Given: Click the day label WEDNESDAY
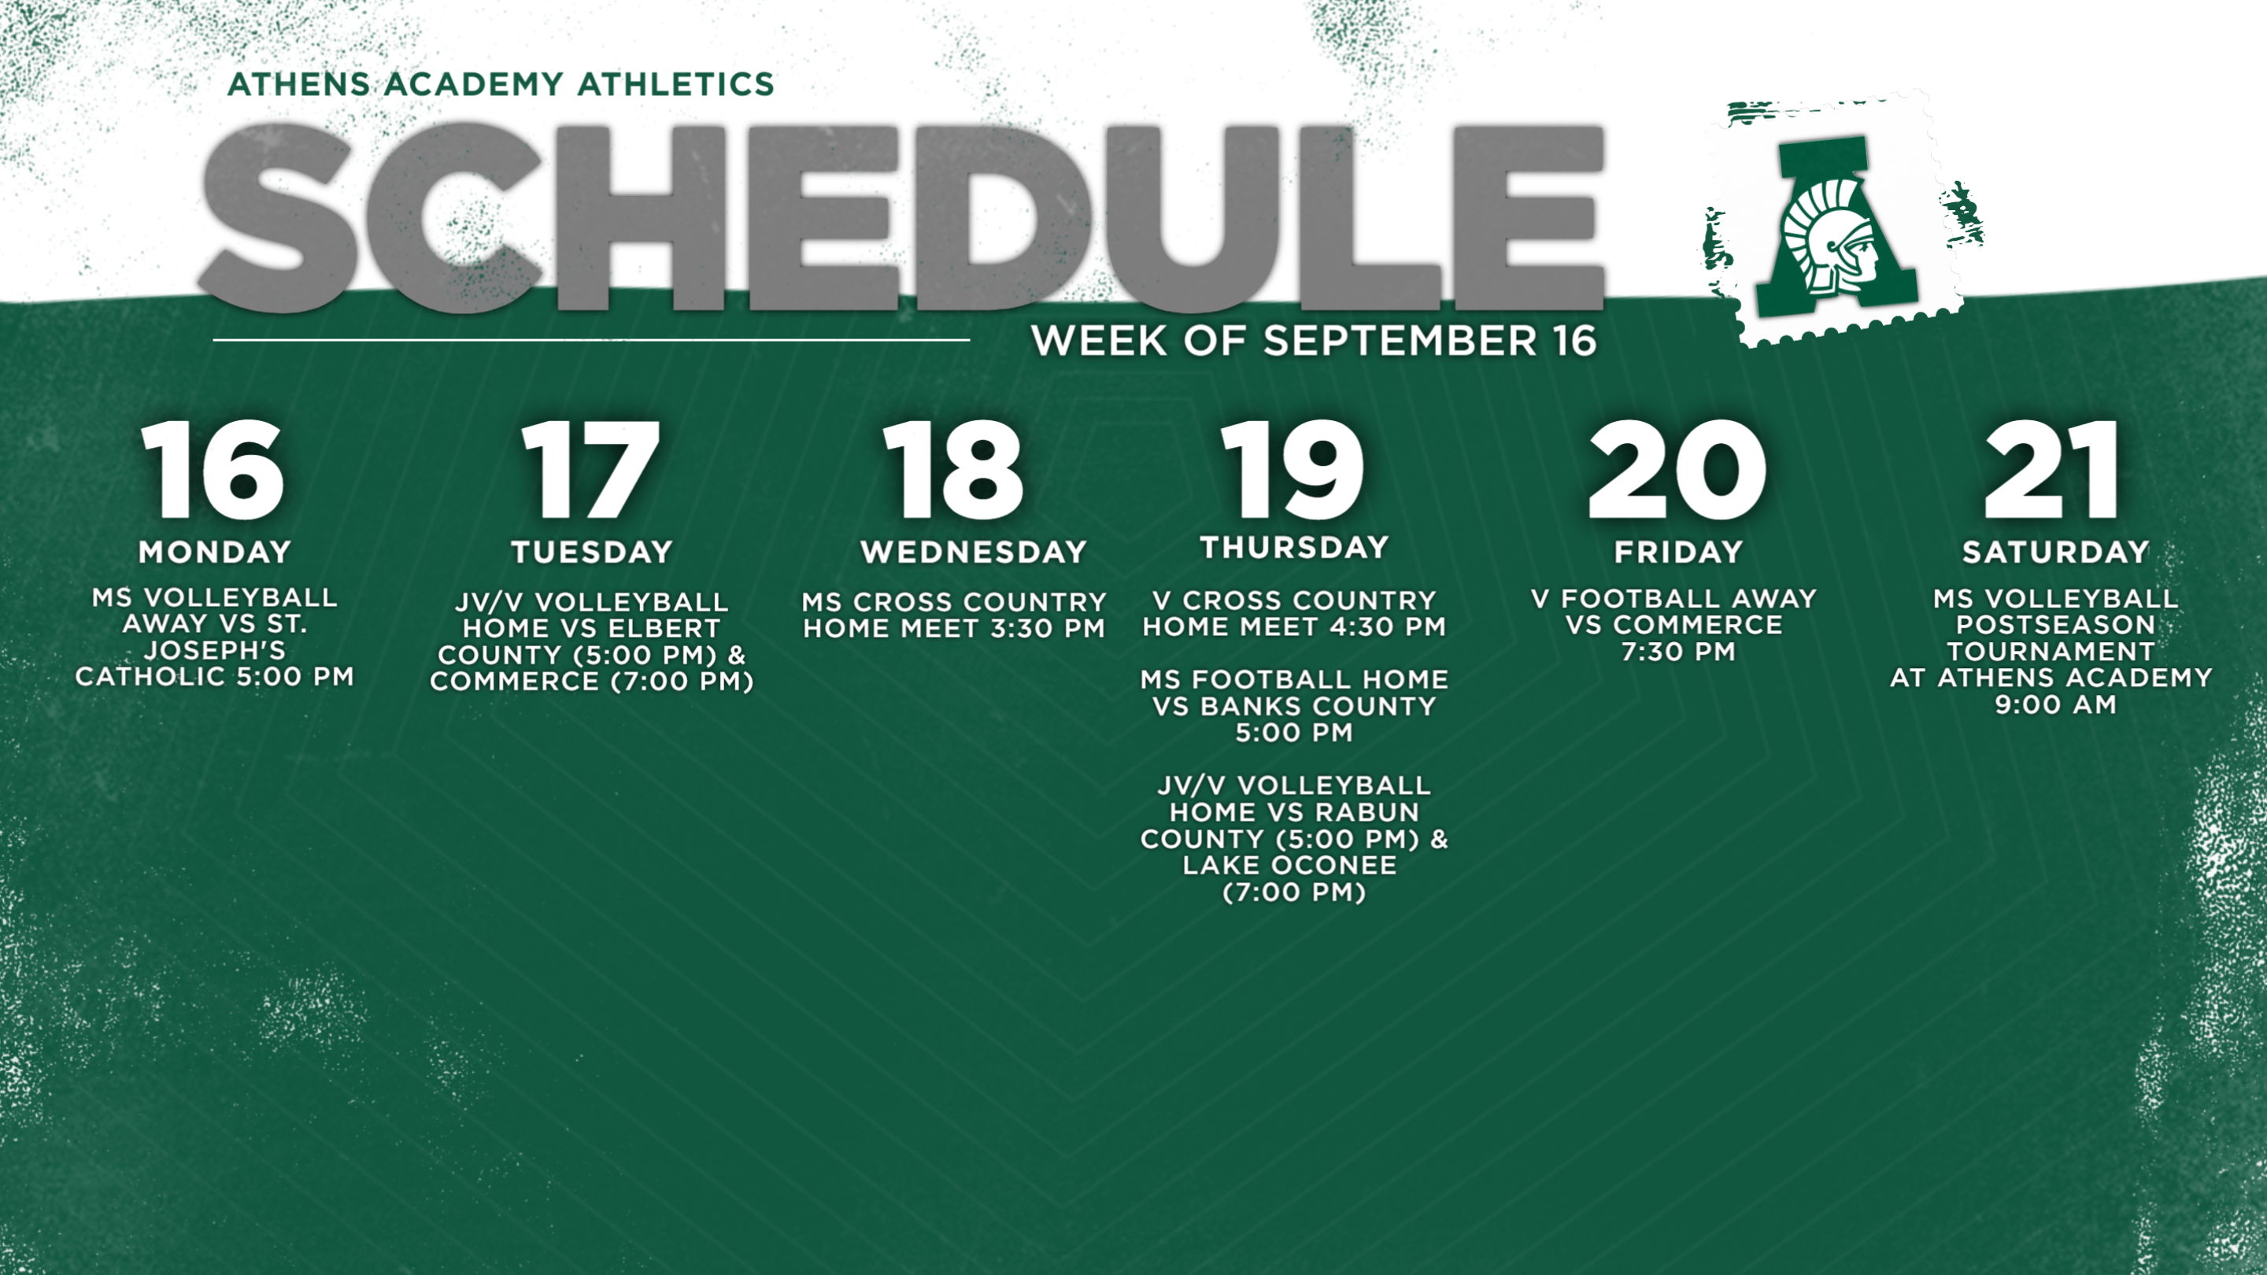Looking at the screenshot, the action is point(974,552).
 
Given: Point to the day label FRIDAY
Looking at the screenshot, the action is point(1678,552).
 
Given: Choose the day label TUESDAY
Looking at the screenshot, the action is point(591,552).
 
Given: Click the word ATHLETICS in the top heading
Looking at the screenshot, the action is point(676,83).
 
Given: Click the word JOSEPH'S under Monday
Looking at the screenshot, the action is point(215,650).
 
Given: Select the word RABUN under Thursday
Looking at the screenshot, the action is point(1369,811).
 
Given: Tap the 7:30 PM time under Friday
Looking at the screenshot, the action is point(1678,652).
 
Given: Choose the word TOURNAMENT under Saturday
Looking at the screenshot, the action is point(2051,652).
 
